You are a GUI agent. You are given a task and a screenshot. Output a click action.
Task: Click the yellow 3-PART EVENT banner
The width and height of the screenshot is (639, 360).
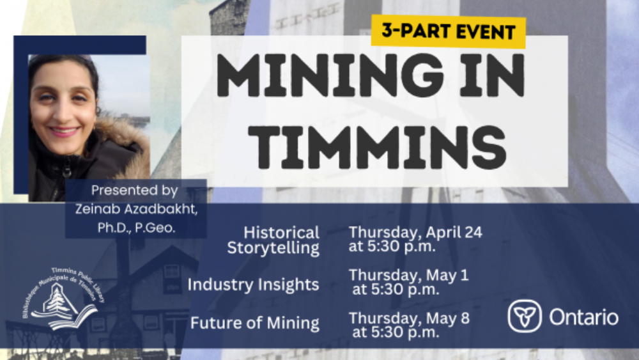coord(449,32)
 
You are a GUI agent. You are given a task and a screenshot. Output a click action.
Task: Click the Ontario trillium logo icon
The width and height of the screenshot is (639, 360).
coord(525,316)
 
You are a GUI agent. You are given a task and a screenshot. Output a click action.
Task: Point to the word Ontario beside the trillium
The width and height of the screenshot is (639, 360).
coord(583,317)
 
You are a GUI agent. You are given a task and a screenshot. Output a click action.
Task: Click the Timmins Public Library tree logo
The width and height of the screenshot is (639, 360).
coord(62,300)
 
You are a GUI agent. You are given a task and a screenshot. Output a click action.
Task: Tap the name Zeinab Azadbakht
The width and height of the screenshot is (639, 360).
coord(136,209)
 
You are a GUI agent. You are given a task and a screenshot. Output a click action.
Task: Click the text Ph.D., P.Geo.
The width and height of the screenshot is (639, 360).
coord(136,228)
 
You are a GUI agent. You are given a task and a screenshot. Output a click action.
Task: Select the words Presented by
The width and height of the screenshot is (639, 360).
coord(134,191)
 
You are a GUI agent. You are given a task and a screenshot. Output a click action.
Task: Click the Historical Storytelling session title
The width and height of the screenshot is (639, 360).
coord(273,240)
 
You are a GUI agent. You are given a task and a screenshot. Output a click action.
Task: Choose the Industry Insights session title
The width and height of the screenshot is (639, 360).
coord(253,284)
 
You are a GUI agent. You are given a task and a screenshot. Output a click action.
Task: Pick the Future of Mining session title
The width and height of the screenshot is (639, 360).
coord(255,323)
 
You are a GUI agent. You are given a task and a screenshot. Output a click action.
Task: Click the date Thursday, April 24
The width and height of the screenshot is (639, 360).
coord(415,232)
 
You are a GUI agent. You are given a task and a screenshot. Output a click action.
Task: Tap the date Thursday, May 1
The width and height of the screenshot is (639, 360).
coord(409,275)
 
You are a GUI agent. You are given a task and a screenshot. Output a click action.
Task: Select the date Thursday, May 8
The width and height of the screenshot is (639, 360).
coord(409,318)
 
